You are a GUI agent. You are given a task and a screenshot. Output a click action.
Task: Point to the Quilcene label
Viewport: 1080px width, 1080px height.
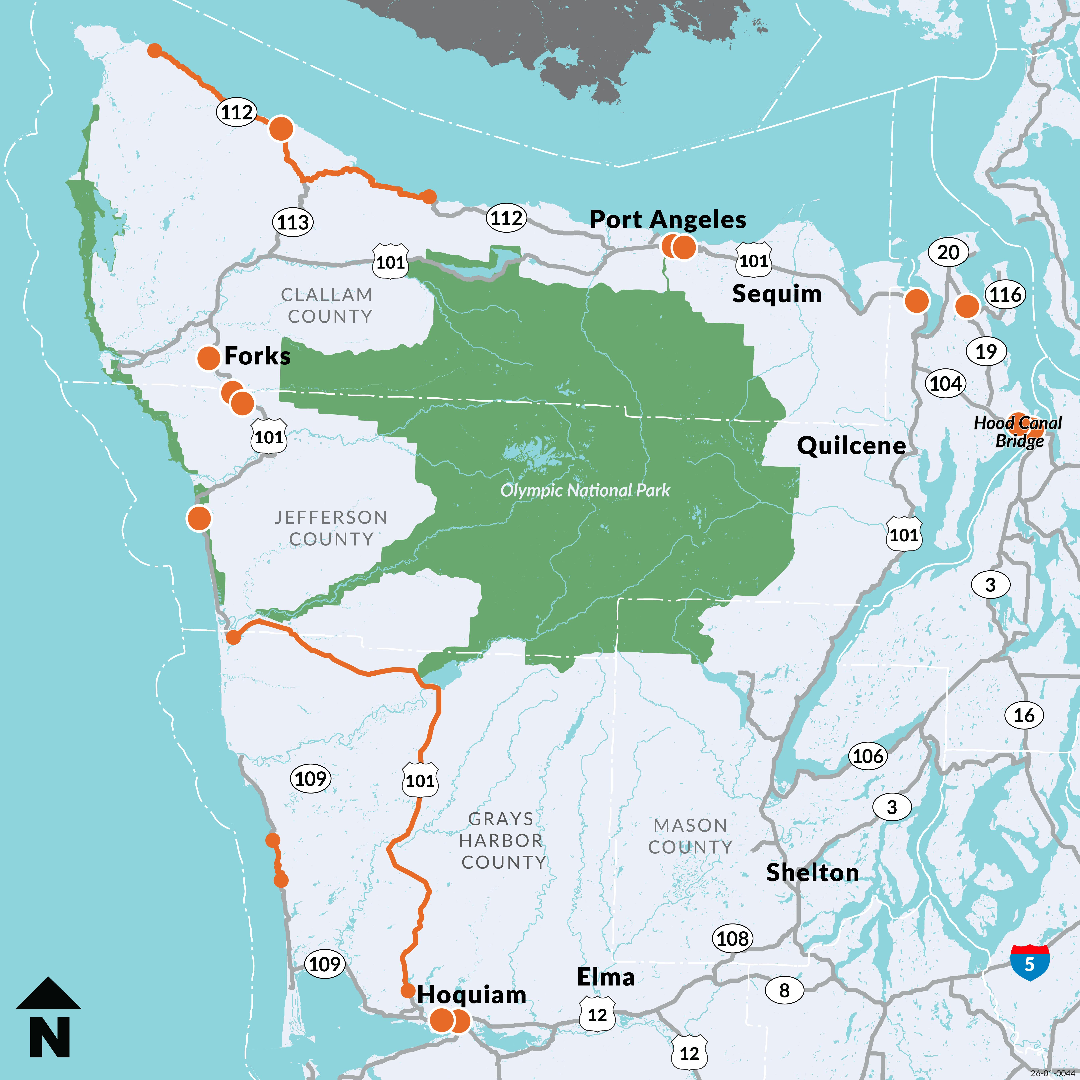pos(851,446)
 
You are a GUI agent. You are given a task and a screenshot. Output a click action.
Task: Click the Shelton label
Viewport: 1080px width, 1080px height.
pos(812,873)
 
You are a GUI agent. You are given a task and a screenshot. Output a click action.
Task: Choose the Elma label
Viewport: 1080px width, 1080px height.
pos(606,977)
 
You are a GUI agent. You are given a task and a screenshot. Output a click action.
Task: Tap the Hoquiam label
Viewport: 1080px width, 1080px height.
pos(471,994)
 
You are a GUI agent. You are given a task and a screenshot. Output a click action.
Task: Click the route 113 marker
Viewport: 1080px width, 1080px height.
pos(293,222)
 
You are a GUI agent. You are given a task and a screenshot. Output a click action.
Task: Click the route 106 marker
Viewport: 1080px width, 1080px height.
pos(868,756)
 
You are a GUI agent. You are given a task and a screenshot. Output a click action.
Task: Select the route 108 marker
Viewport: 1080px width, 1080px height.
pos(732,939)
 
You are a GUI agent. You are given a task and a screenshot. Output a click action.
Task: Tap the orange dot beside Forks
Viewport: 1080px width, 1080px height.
pos(209,358)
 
